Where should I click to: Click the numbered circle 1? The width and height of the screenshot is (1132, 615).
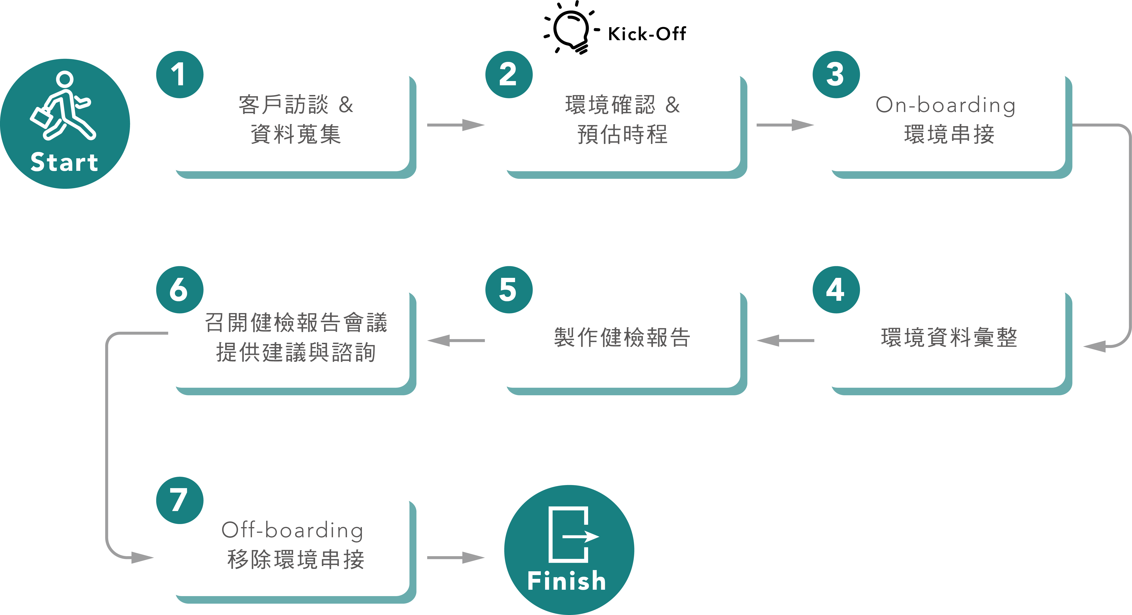179,74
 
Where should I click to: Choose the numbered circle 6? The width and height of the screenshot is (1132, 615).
179,289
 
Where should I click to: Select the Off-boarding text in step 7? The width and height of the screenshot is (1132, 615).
293,530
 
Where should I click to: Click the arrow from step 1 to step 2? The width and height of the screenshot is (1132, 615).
455,125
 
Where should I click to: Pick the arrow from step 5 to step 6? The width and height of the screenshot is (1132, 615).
455,340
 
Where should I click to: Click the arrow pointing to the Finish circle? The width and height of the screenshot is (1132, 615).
455,558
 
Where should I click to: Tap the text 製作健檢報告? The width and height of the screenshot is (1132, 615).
622,337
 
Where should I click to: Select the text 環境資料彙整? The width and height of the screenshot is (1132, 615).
949,337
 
